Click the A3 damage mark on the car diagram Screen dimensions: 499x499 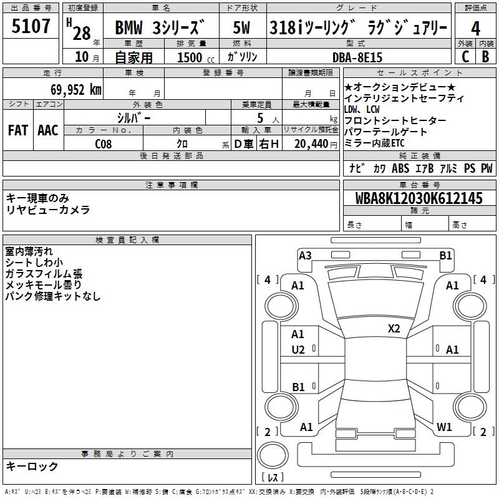click(305, 255)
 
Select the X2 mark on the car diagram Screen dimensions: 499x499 click(394, 329)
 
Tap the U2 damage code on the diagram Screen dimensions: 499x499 click(298, 350)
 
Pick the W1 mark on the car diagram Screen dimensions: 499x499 click(444, 427)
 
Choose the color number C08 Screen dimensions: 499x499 click(104, 143)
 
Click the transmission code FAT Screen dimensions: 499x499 click(18, 130)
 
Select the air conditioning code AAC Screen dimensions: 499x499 click(47, 130)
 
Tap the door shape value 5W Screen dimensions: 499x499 click(242, 27)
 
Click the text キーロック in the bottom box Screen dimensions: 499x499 click(32, 466)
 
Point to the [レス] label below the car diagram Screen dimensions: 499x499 click(273, 478)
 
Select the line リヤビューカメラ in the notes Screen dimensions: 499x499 click(48, 210)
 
